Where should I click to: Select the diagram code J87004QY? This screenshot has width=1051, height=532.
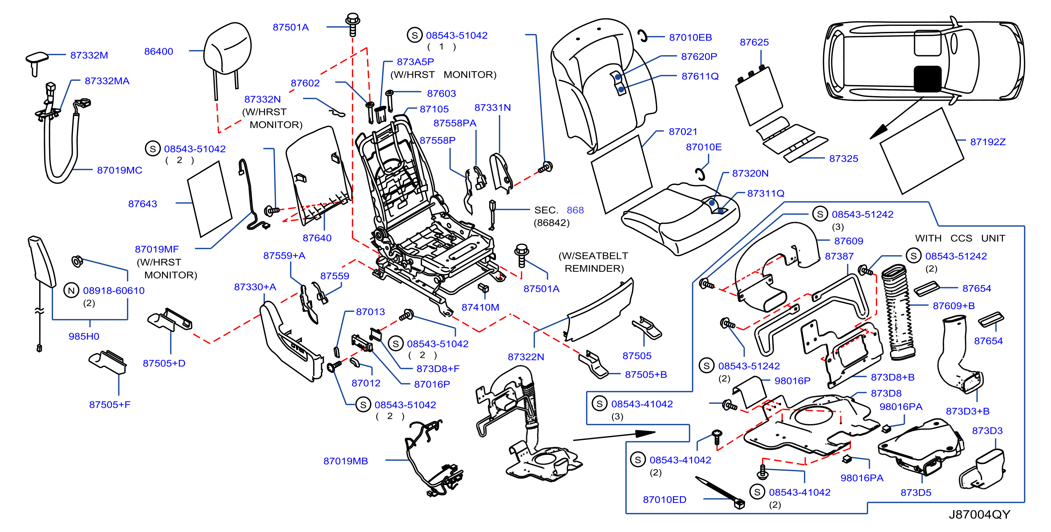tap(979, 514)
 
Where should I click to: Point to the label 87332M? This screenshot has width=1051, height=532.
tap(89, 55)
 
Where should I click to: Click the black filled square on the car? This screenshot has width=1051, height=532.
tap(927, 79)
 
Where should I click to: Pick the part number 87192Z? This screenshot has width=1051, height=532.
tap(988, 142)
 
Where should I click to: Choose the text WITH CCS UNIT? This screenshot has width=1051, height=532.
tap(960, 238)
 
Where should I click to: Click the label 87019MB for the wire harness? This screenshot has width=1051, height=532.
tap(346, 461)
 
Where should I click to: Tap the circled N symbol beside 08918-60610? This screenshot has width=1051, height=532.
tap(71, 290)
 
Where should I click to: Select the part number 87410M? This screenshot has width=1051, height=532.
tap(480, 307)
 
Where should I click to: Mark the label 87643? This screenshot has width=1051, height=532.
tap(142, 204)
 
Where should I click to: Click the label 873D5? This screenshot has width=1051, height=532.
tap(916, 493)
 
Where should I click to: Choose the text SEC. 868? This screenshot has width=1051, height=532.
tap(559, 210)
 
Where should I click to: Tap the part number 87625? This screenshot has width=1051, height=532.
tap(754, 42)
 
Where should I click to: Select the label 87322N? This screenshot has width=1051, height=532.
tap(526, 357)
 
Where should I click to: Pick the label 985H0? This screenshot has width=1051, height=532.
tap(84, 336)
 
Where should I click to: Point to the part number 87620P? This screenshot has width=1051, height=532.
tap(699, 57)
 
